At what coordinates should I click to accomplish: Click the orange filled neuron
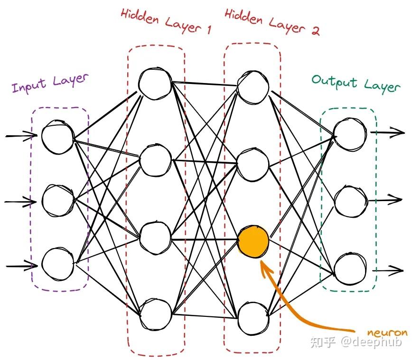253,241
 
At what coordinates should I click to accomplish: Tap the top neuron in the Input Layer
57,137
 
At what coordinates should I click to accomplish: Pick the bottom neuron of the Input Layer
57,262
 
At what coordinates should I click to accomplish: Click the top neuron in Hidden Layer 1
155,84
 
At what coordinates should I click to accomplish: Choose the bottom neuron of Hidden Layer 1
155,314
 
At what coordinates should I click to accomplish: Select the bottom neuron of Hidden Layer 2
253,318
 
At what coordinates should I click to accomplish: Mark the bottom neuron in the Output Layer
350,269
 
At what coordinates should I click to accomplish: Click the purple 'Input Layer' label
50,83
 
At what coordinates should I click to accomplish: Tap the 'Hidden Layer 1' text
166,21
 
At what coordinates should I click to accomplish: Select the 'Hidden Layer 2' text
272,22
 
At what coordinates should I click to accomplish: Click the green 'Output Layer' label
356,83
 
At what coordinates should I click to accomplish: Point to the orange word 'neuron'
387,332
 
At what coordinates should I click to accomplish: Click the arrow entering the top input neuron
21,136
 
